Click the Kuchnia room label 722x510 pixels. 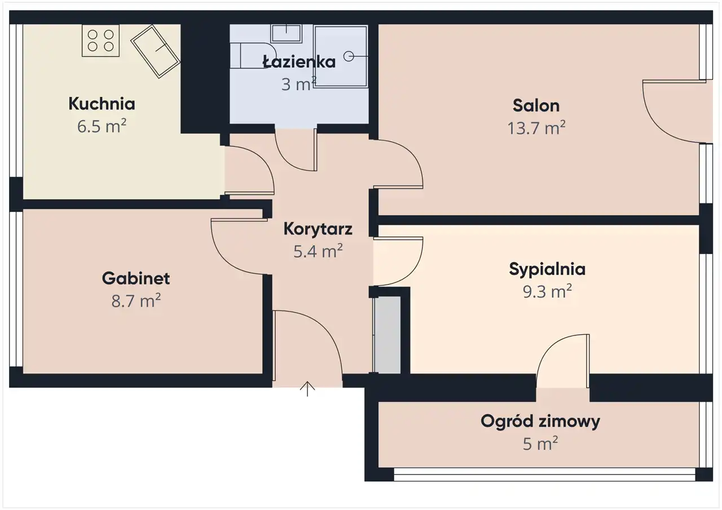[102, 104]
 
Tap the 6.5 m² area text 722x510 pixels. [102, 126]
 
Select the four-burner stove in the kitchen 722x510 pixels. [100, 41]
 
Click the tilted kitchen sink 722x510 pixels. [155, 51]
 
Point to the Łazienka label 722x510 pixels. [299, 61]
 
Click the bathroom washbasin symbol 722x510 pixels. [286, 33]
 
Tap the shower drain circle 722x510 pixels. [349, 56]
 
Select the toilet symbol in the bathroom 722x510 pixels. [253, 56]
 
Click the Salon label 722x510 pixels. [536, 105]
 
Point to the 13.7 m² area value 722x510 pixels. [536, 128]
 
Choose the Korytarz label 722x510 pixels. [318, 229]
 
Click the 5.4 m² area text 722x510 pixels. [318, 251]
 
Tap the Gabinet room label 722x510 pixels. [136, 278]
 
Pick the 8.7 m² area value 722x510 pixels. [136, 301]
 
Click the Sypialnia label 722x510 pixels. [547, 269]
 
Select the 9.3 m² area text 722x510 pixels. [547, 292]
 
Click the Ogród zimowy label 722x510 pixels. [540, 422]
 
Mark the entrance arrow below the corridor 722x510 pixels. [307, 389]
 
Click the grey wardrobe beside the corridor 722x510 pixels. [387, 335]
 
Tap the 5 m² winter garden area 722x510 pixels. [540, 444]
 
